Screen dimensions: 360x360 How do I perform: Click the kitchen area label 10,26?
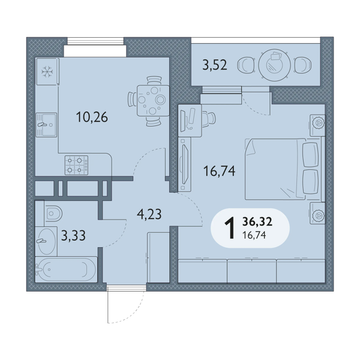[x=92, y=118]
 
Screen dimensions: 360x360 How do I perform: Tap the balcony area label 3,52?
[x=215, y=65]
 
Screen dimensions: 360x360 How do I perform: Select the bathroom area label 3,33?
[x=73, y=236]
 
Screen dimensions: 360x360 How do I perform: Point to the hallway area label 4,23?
[x=149, y=214]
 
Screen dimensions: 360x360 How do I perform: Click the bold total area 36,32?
[x=257, y=222]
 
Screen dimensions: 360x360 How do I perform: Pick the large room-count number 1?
[x=230, y=228]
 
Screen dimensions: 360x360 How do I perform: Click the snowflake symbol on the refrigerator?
[x=47, y=71]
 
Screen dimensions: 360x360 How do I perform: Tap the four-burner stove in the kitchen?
[x=76, y=166]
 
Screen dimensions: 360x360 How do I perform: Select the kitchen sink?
[x=46, y=125]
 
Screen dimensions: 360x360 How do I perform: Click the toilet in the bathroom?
[x=53, y=214]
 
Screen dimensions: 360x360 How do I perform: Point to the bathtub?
[x=66, y=269]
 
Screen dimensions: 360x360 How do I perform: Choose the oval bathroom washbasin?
[x=47, y=241]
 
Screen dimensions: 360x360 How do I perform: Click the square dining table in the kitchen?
[x=153, y=101]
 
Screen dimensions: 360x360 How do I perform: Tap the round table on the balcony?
[x=275, y=65]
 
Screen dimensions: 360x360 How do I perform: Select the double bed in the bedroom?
[x=282, y=169]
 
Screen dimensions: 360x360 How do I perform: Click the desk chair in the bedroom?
[x=209, y=118]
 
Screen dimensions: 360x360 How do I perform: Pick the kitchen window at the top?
[x=95, y=41]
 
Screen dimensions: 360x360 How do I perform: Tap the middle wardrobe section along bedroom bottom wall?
[x=251, y=271]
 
